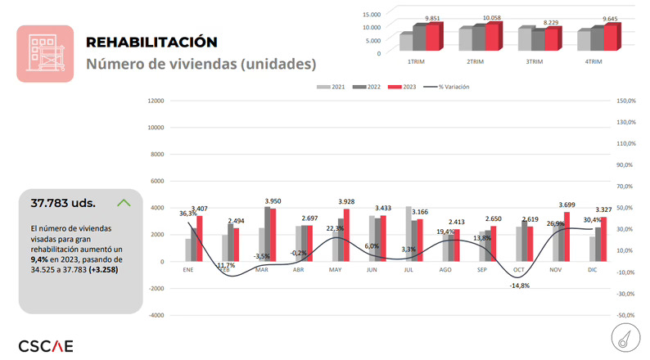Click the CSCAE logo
[x=45, y=345]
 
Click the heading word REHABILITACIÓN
[x=151, y=42]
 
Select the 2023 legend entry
[x=395, y=86]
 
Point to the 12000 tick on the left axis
[x=155, y=101]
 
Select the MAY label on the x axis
[x=335, y=269]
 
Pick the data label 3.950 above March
[x=273, y=200]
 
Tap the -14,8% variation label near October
[x=519, y=286]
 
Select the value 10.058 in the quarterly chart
[x=491, y=17]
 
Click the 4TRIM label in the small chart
[x=594, y=62]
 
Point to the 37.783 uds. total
[x=63, y=203]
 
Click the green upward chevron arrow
[x=124, y=202]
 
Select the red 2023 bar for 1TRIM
[x=433, y=38]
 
